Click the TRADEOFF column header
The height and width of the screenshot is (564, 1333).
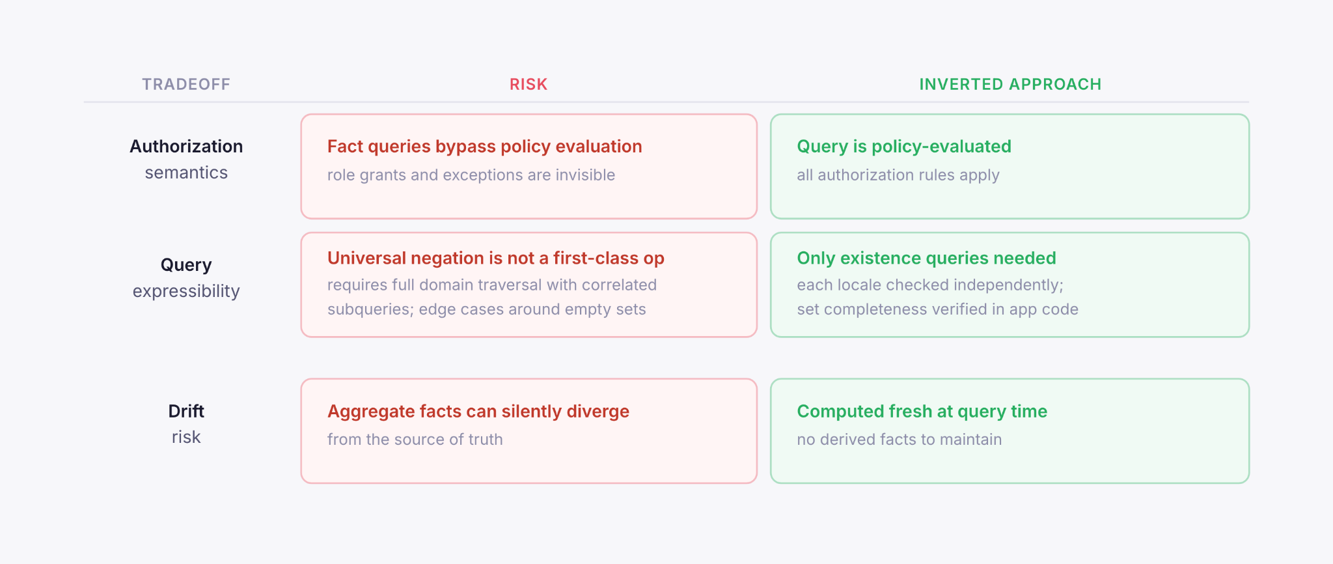coord(186,85)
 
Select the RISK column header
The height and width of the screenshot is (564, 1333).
coord(528,85)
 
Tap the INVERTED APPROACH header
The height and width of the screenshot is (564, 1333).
coord(1010,85)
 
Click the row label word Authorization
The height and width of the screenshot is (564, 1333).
coord(186,147)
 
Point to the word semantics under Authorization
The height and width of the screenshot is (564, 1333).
coord(186,173)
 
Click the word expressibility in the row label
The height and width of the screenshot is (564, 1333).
coord(186,291)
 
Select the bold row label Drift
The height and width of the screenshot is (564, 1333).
coord(186,412)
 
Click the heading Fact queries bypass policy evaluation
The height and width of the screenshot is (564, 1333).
coord(484,147)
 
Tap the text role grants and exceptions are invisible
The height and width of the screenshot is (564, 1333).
coord(471,175)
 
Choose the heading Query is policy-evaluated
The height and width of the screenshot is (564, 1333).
coord(903,147)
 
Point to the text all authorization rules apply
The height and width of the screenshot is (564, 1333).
coord(898,175)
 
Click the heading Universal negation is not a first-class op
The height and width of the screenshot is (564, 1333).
coord(495,259)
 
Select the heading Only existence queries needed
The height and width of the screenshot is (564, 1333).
coord(926,259)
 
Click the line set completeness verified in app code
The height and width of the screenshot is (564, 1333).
coord(937,309)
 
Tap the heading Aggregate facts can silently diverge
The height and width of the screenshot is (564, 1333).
coord(478,412)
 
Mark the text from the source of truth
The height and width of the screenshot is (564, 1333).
coord(415,440)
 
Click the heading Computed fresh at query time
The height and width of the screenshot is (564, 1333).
coord(922,412)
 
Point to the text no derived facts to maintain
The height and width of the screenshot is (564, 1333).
coord(899,440)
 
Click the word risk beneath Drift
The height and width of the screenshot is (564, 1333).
coord(186,437)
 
